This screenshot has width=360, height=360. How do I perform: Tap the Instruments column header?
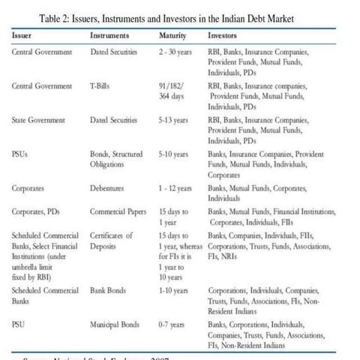109,35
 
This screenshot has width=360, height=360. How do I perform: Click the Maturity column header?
173,35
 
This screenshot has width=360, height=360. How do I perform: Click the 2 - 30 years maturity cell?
176,52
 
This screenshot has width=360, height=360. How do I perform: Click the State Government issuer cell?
39,120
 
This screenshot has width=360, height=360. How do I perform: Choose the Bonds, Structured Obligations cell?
115,159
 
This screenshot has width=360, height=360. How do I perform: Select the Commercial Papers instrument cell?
118,212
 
